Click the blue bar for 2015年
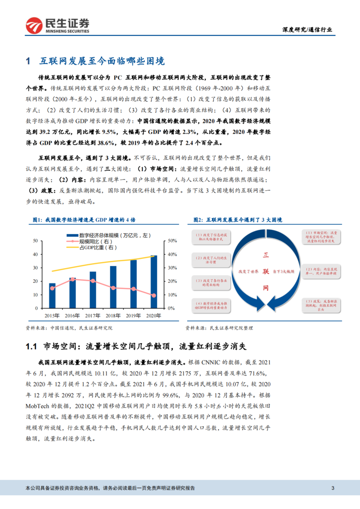(x=52, y=296)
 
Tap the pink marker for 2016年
(x=72, y=279)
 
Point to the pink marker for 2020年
(x=154, y=295)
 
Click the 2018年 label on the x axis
(x=113, y=315)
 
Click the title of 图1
(x=84, y=220)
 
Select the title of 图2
(x=238, y=220)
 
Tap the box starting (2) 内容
(x=322, y=271)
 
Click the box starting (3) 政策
(x=322, y=304)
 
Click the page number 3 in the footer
(x=333, y=488)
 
